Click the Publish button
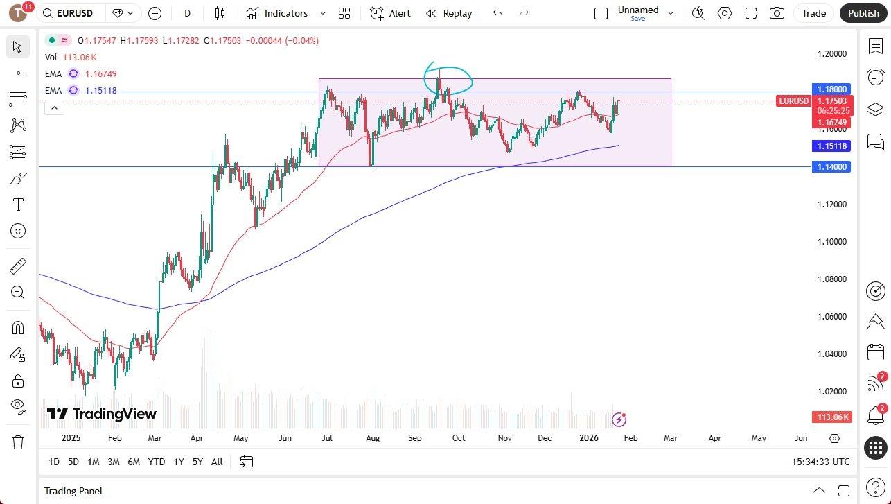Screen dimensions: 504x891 863,13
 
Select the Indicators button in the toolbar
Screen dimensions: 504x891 277,13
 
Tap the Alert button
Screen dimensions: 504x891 391,13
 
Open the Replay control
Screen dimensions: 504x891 449,13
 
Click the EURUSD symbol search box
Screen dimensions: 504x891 73,13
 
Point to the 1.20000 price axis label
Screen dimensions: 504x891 831,53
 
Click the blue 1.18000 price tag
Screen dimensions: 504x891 831,89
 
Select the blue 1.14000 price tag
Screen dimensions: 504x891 831,167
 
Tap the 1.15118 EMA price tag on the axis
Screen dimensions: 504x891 831,146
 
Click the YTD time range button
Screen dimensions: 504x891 157,462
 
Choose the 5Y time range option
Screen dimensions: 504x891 197,462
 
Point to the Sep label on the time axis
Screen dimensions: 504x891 414,438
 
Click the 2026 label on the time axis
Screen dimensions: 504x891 588,438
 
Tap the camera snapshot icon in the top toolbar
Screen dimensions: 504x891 777,13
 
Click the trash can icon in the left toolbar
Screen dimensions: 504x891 18,442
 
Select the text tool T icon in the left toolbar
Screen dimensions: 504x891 18,205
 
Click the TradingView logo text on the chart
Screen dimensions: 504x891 103,414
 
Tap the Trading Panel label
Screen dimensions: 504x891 73,491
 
